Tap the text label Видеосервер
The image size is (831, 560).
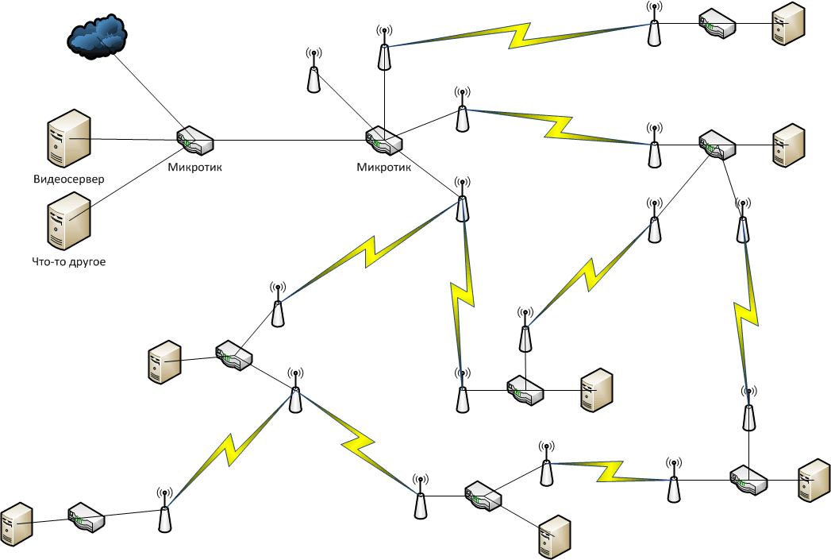pos(69,179)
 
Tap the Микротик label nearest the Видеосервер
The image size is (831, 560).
pos(195,168)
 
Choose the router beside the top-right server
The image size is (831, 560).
pos(718,24)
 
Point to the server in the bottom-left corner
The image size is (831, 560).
pos(16,523)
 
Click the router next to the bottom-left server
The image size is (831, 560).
pos(87,517)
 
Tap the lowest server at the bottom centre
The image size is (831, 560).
pos(556,539)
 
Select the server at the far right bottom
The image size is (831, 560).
pos(814,481)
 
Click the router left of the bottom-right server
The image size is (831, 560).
pos(748,478)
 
